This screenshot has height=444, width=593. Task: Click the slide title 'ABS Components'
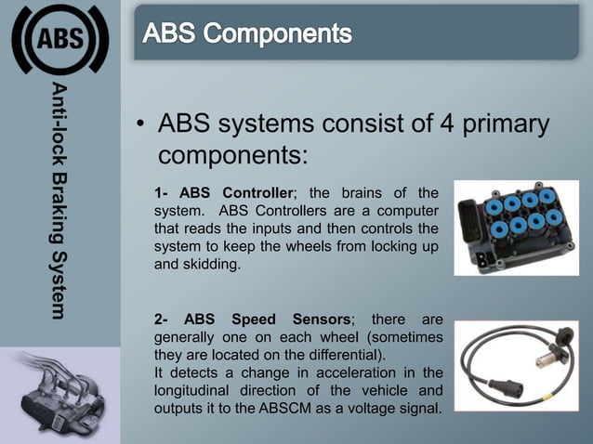point(247,35)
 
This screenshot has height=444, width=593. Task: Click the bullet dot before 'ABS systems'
point(139,126)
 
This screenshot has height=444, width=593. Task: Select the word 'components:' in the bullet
point(233,154)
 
